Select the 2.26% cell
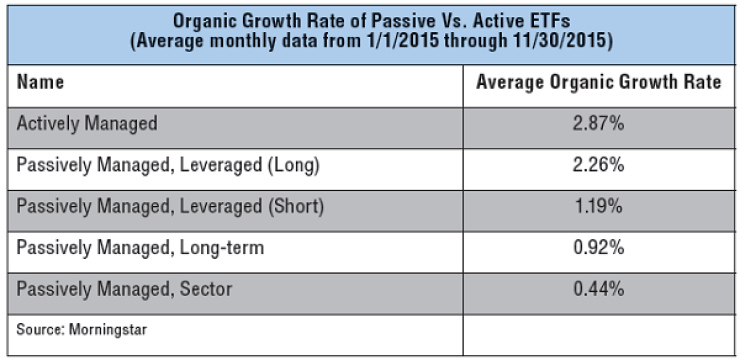tap(598, 165)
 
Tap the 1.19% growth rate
tap(598, 207)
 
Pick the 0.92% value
tap(598, 248)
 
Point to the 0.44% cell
tap(598, 289)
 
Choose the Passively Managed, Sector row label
tap(124, 289)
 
